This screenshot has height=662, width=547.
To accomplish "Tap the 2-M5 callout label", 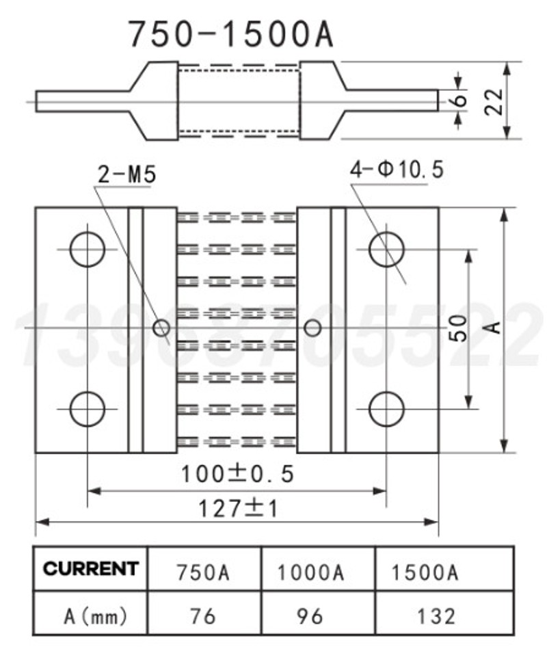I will point(126,175).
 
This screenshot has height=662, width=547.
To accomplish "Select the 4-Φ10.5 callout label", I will point(397,169).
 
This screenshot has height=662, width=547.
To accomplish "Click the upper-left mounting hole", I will point(88,249).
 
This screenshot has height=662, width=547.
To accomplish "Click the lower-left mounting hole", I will point(88,409).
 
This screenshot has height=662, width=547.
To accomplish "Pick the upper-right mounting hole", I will point(386,249).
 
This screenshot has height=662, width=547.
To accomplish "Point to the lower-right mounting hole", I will point(386,409).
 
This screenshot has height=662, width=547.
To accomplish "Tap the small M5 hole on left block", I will point(161,328).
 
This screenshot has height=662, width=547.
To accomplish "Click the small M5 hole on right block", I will point(312,328).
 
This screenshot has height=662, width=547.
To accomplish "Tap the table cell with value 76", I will point(203,615).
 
